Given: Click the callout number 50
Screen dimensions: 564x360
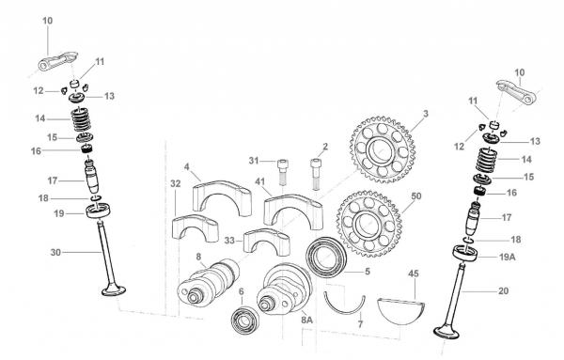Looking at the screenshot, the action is click(415, 196).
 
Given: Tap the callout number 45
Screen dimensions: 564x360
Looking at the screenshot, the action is click(414, 274).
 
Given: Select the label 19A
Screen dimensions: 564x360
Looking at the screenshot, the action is click(508, 258).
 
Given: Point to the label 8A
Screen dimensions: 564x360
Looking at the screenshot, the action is click(306, 321).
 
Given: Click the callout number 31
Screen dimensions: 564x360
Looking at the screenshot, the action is click(254, 161).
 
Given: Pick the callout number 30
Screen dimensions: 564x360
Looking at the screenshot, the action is click(55, 253).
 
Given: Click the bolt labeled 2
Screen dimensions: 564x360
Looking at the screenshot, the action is click(316, 174).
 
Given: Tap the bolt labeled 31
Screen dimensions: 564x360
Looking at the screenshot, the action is click(283, 172).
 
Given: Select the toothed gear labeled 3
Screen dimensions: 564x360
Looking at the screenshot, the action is click(383, 149).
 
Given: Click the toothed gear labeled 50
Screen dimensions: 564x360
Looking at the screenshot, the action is click(369, 225).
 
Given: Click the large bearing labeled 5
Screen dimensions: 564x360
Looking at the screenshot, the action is click(326, 258).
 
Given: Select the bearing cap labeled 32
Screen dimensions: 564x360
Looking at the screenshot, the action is click(196, 227).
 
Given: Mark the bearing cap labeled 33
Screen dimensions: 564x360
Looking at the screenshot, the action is click(267, 242).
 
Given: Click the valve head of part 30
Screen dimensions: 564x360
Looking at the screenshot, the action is click(114, 290).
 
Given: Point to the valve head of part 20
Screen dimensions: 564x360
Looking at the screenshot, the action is click(446, 332).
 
